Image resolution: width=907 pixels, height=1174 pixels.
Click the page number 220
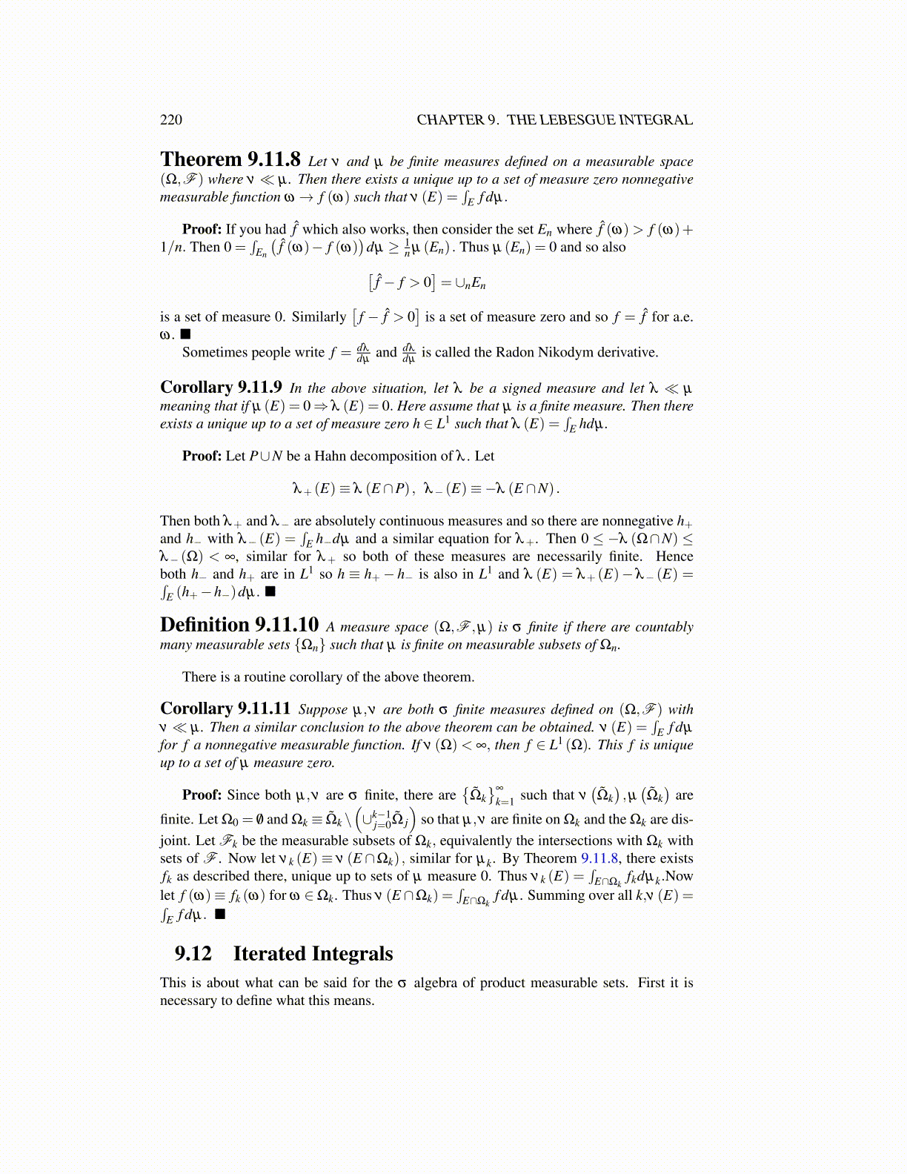tap(170, 120)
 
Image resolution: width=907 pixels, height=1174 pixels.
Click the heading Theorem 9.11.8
tap(230, 160)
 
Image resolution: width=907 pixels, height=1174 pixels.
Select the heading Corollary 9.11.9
tap(221, 388)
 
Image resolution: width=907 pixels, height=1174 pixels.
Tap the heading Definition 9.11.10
tap(239, 626)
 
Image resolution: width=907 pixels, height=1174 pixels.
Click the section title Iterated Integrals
tap(313, 954)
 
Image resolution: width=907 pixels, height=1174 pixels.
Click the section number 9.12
tap(193, 954)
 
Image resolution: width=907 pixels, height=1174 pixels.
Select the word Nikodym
tap(555, 352)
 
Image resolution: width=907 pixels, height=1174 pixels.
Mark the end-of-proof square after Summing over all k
tap(220, 914)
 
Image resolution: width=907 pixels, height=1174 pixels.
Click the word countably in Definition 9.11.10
tap(664, 627)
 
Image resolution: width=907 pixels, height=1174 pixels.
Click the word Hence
tap(674, 557)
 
